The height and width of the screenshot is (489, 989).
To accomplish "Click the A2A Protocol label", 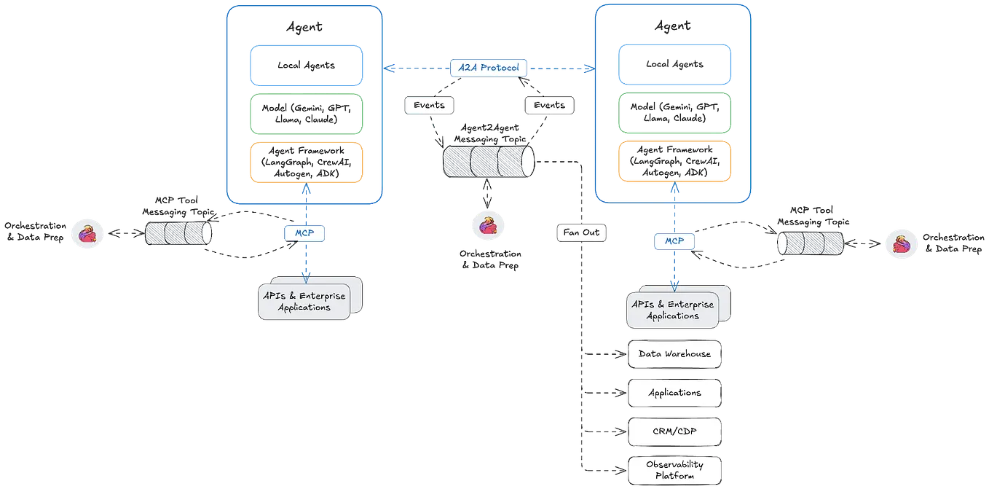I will click(489, 68).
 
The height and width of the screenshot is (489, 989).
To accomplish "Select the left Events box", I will click(429, 105).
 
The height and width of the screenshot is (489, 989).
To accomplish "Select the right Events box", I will click(549, 105).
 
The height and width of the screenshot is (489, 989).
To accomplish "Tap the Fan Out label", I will click(581, 233).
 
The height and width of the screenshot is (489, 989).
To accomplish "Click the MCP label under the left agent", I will click(304, 232).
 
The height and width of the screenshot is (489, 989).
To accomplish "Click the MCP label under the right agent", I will click(673, 240).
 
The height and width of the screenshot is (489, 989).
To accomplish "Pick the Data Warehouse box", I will click(674, 354).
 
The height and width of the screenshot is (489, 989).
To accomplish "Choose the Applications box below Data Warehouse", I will click(674, 393).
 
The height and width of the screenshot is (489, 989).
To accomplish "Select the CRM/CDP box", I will click(674, 431).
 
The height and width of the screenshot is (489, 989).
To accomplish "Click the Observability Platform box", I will click(674, 470).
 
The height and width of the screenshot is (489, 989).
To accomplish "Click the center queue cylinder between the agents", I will click(489, 161).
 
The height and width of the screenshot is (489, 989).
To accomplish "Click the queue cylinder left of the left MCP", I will click(178, 233).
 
